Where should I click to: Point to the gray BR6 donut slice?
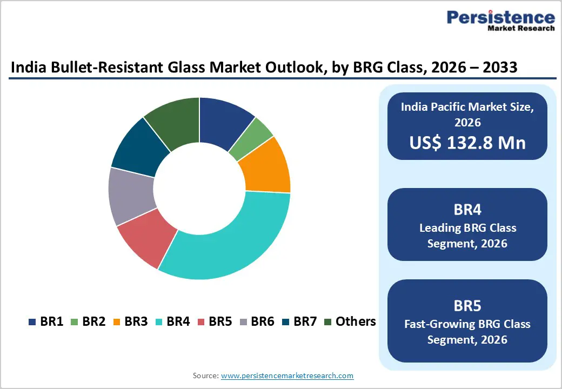pyautogui.click(x=131, y=196)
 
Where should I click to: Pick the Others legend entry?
pyautogui.click(x=350, y=322)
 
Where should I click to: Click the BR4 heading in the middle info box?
pyautogui.click(x=467, y=209)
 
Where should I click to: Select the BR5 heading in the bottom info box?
pyautogui.click(x=467, y=306)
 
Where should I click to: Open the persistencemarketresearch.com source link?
pyautogui.click(x=287, y=375)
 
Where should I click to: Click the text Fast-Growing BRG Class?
pyautogui.click(x=467, y=324)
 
